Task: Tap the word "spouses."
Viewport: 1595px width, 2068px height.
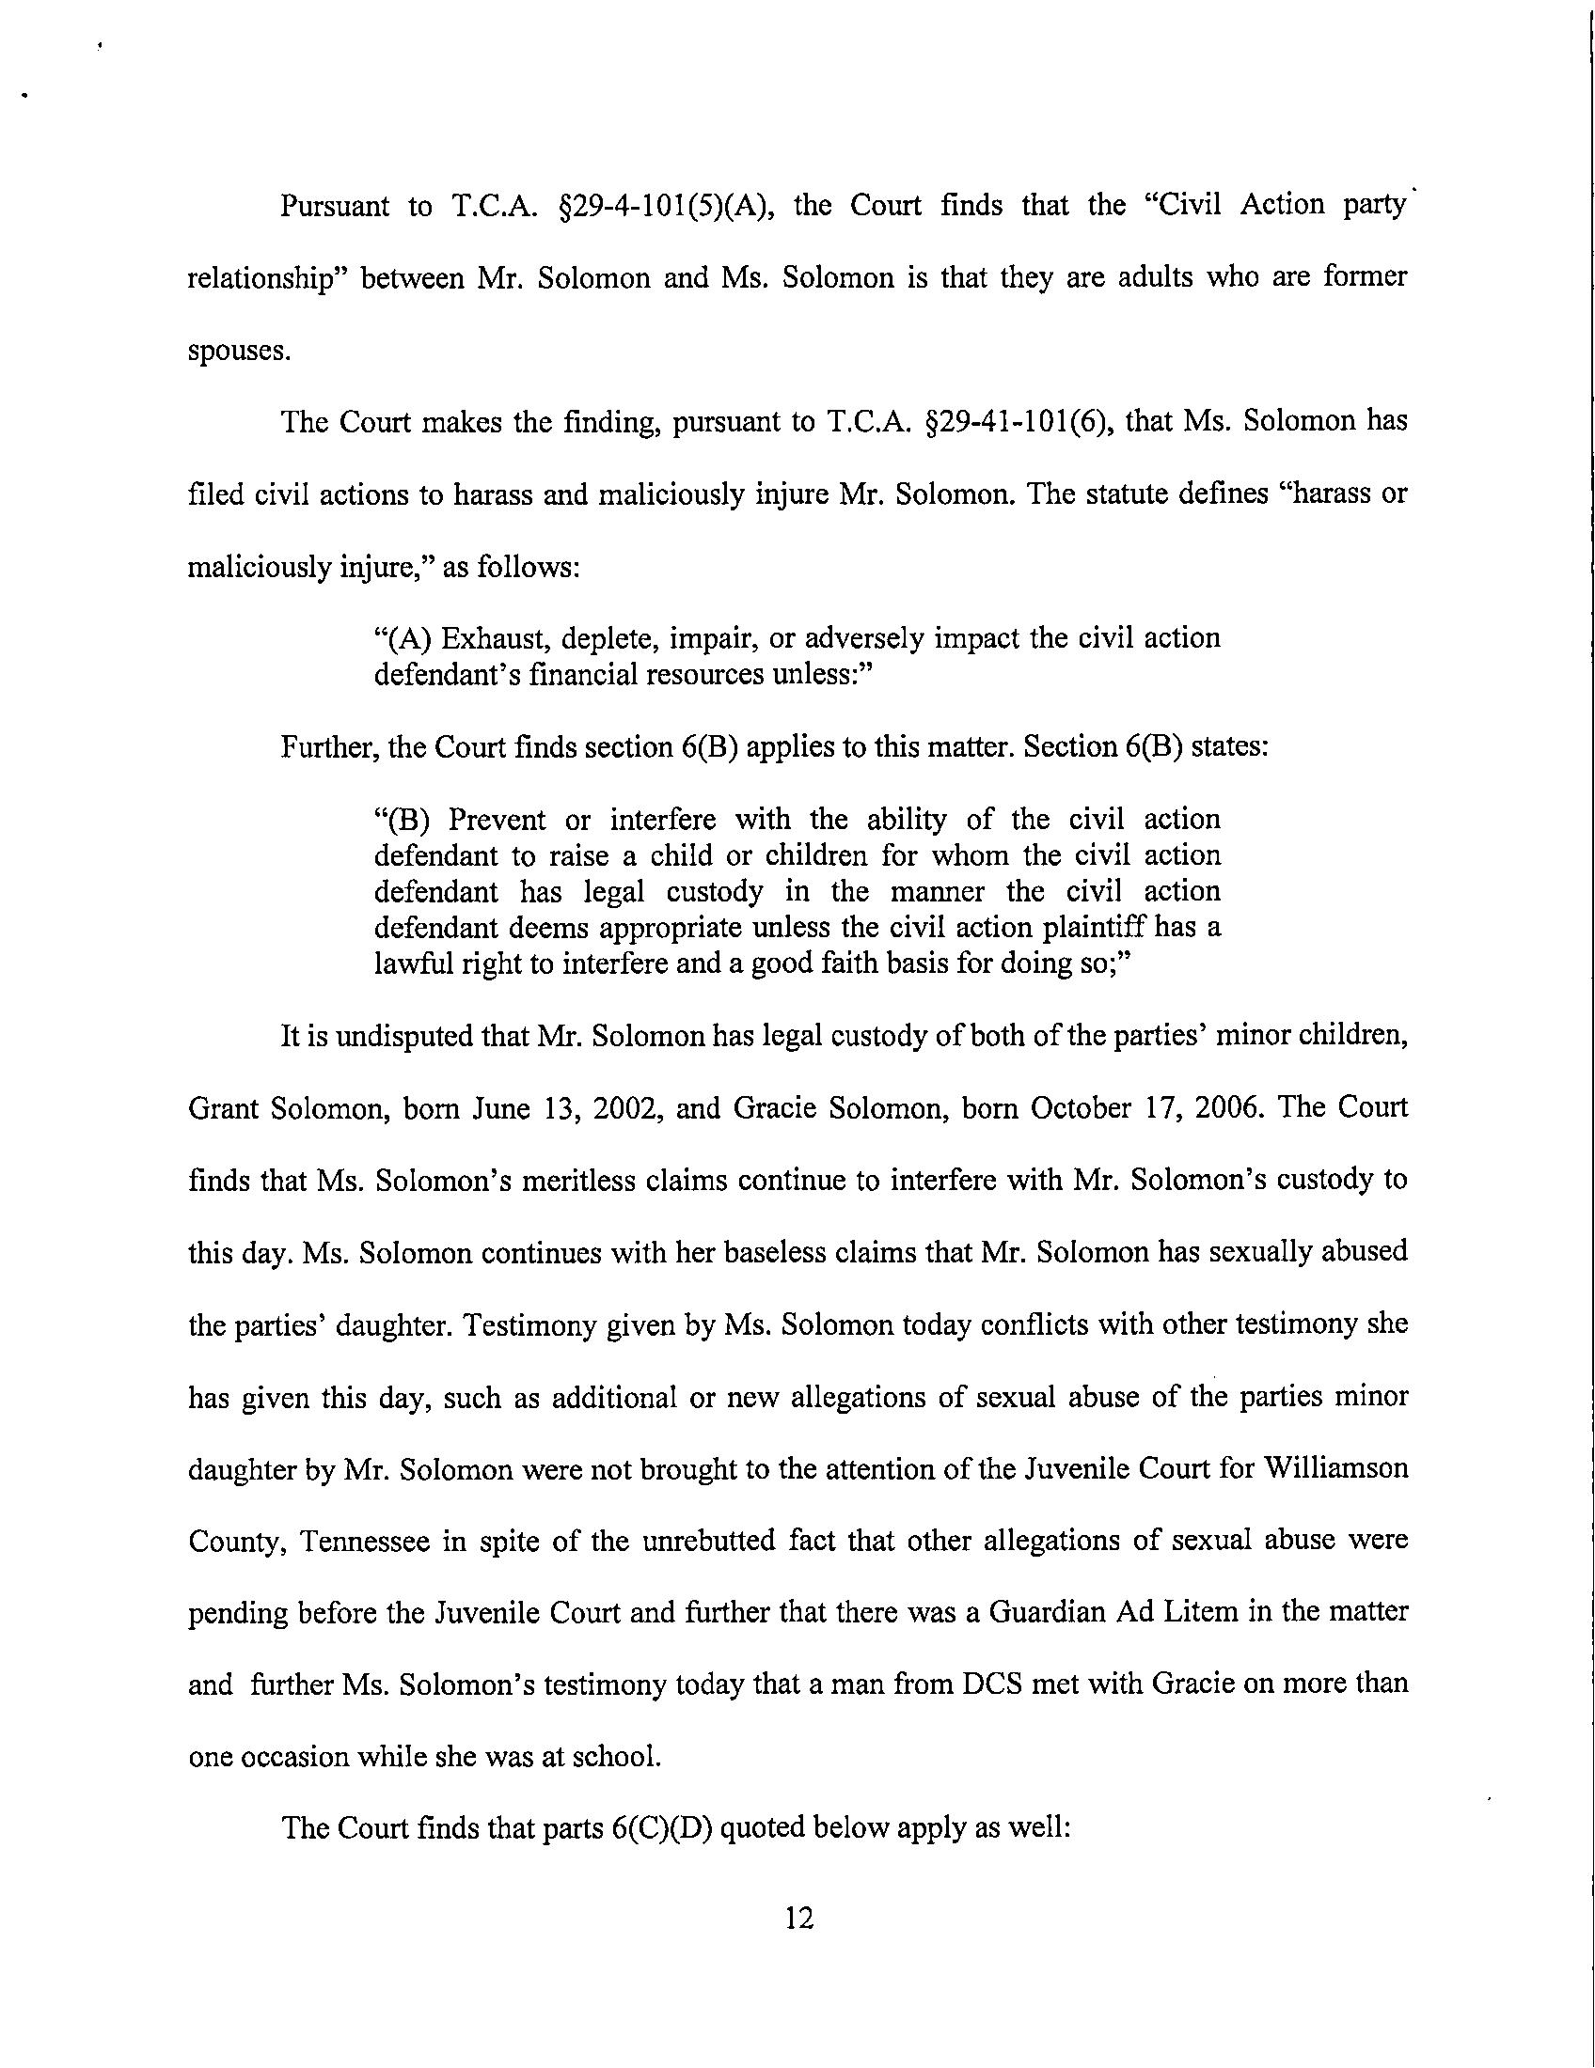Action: (238, 352)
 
